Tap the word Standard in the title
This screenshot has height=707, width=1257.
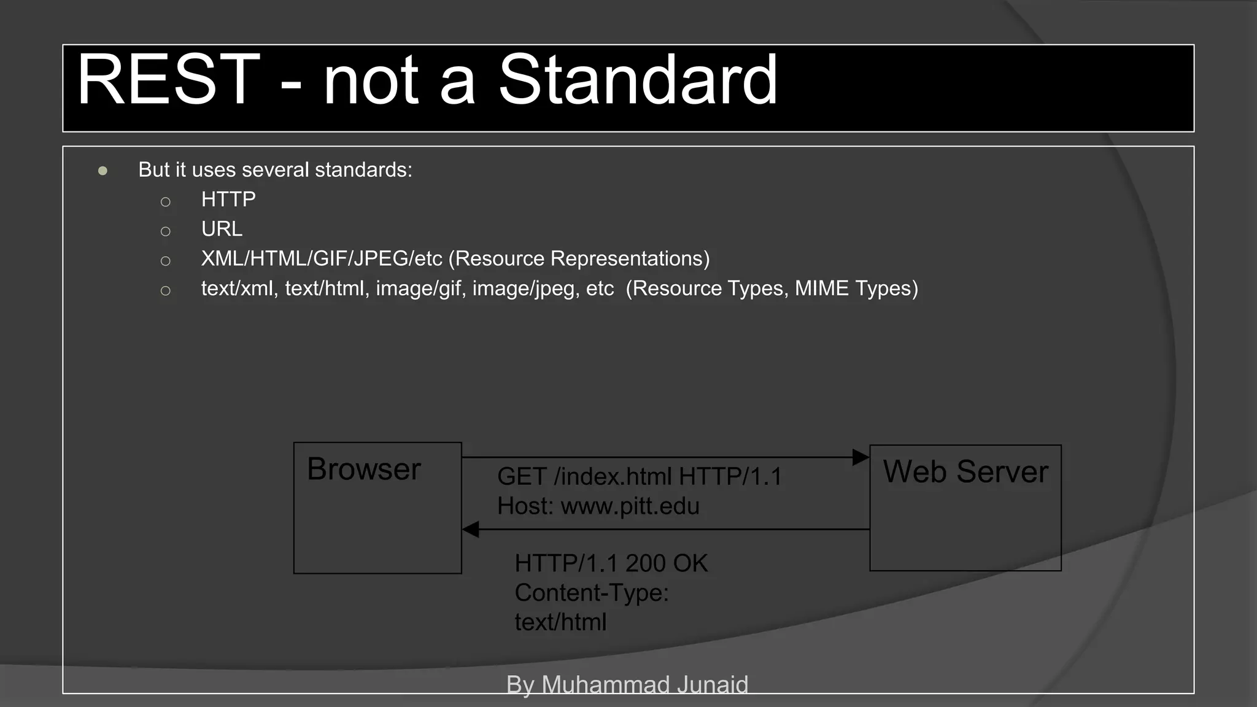[x=638, y=80]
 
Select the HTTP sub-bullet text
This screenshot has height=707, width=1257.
[x=228, y=199]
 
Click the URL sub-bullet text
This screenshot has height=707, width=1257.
[x=222, y=229]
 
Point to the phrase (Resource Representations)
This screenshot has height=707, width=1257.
[x=579, y=259]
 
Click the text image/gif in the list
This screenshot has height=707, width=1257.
[x=418, y=288]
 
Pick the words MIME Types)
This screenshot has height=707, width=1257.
[x=857, y=288]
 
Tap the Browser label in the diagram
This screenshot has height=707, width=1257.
[x=363, y=469]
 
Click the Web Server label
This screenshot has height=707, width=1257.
[x=965, y=472]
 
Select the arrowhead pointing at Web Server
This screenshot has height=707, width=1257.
[x=861, y=457]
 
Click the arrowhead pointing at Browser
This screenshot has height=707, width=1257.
[x=471, y=529]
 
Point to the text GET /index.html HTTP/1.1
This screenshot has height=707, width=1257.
[x=639, y=477]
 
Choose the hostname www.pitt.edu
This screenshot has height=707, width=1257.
[x=630, y=506]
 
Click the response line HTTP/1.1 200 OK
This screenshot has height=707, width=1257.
[x=611, y=563]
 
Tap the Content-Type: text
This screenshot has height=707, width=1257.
[x=591, y=593]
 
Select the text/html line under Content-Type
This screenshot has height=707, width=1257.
[x=560, y=622]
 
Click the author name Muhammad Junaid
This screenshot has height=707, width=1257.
[x=644, y=684]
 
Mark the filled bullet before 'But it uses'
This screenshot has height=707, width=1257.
[x=102, y=171]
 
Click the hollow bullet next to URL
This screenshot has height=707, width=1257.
[x=165, y=231]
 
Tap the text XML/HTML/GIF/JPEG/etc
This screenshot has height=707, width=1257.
[x=322, y=259]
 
